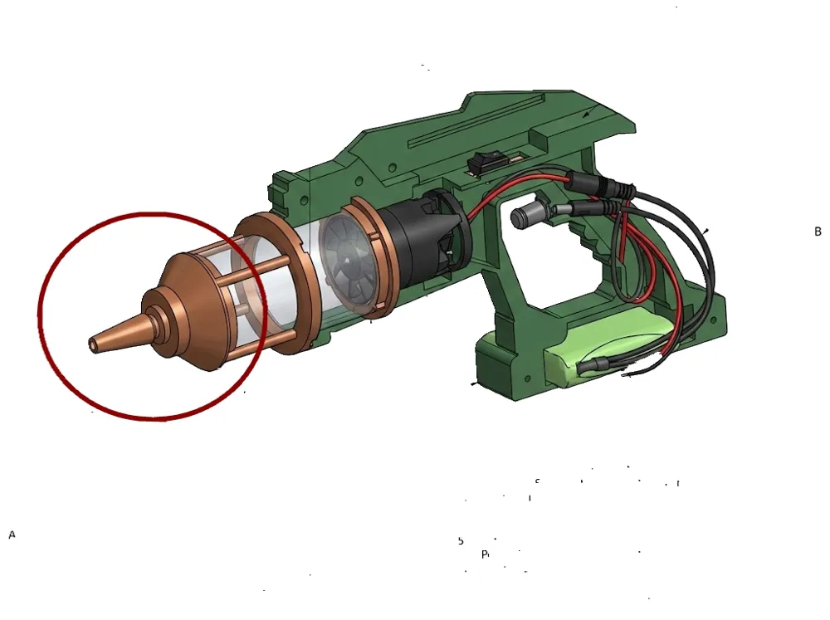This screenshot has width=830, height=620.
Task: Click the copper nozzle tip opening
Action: click(x=91, y=342)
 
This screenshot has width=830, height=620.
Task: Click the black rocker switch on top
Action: click(x=478, y=164)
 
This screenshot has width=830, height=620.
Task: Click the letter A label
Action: click(x=12, y=535)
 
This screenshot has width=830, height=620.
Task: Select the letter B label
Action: click(x=818, y=232)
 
